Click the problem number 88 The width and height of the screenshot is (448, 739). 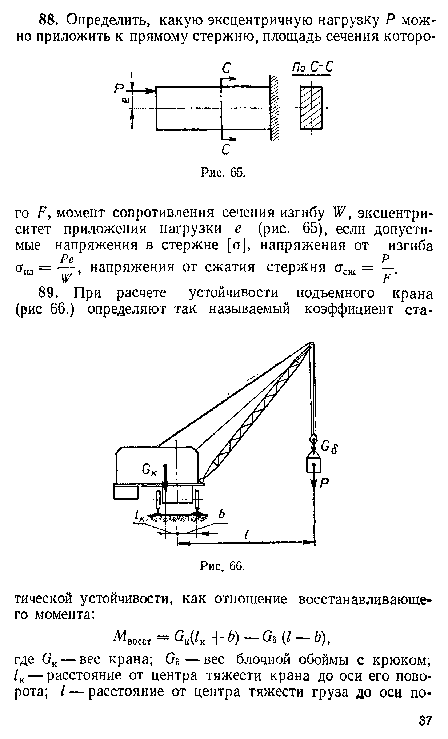tap(48, 21)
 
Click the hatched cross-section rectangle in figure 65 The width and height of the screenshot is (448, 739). tap(311, 108)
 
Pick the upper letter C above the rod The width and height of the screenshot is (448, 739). tap(227, 69)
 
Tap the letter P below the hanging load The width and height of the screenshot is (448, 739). tap(324, 482)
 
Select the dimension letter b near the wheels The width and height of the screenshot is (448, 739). tap(221, 515)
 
